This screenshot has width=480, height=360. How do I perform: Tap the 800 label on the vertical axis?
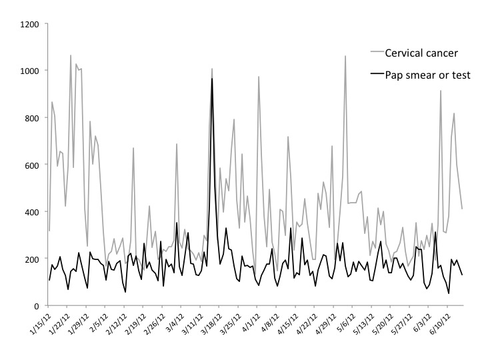pyautogui.click(x=33, y=118)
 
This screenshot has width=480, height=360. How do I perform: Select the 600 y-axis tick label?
pyautogui.click(x=33, y=165)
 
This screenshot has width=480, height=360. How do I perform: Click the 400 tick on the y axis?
pyautogui.click(x=33, y=212)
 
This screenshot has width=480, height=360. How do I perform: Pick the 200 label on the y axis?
pyautogui.click(x=33, y=259)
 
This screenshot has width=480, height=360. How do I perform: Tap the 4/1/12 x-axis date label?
pyautogui.click(x=252, y=325)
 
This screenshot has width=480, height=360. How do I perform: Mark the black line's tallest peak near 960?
pyautogui.click(x=212, y=79)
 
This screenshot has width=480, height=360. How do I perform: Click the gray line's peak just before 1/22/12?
pyautogui.click(x=71, y=56)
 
